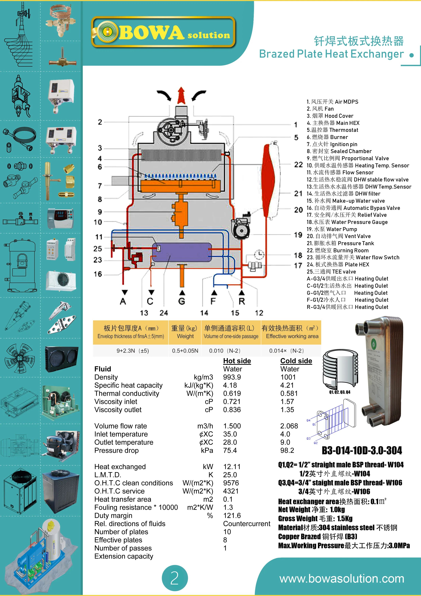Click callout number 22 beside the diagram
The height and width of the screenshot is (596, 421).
pyautogui.click(x=298, y=165)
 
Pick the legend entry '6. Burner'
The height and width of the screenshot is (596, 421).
pyautogui.click(x=327, y=137)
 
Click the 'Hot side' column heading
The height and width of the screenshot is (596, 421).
pyautogui.click(x=237, y=361)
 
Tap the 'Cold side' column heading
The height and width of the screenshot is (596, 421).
pyautogui.click(x=296, y=361)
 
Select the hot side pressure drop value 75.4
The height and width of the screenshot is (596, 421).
pyautogui.click(x=230, y=450)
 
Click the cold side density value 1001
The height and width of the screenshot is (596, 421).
pyautogui.click(x=288, y=377)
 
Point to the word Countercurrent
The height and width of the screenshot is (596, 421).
pyautogui.click(x=246, y=524)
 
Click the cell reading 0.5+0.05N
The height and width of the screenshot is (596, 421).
pyautogui.click(x=185, y=351)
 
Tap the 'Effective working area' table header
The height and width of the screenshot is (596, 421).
pyautogui.click(x=292, y=336)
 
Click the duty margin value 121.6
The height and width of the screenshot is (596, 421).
pyautogui.click(x=232, y=515)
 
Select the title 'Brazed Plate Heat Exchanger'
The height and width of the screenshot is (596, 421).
pyautogui.click(x=331, y=54)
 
